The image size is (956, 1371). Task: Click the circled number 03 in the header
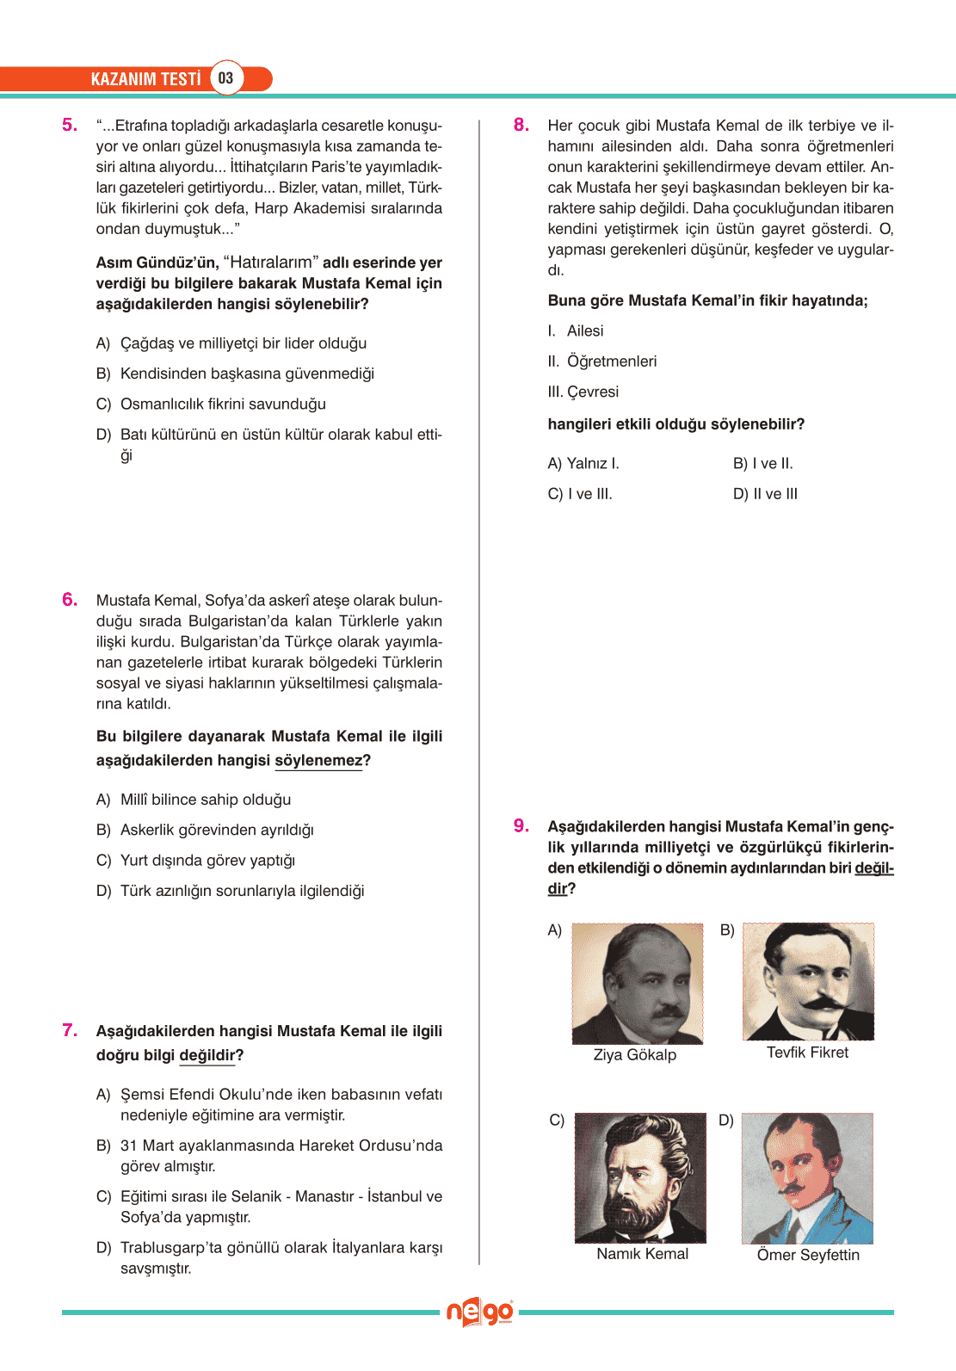225,78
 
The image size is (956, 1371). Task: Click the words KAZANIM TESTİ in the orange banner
145,79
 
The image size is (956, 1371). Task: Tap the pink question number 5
70,125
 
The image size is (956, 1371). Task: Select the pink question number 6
70,600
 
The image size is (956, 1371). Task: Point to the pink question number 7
70,1030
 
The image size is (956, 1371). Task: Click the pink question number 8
521,125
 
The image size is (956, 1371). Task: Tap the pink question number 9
521,826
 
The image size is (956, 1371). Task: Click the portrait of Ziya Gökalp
638,984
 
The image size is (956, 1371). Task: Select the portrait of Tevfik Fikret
808,981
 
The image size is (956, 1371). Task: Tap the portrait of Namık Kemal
640,1177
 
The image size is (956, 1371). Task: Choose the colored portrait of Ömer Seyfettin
807,1178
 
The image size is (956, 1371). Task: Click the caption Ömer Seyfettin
808,1255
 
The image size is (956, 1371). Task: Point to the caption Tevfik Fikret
807,1053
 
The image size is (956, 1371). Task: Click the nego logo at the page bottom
479,1312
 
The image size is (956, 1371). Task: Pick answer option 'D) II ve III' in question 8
765,494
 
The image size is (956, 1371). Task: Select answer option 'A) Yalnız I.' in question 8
583,463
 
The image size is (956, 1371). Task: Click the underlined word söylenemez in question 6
318,761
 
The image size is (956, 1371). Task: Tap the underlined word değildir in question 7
207,1055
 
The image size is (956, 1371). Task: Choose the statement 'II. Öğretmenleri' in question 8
602,361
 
